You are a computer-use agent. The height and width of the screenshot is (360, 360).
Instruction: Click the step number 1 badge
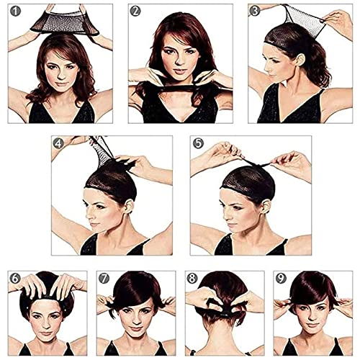point(15,12)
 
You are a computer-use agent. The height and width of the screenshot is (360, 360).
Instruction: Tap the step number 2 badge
point(135,12)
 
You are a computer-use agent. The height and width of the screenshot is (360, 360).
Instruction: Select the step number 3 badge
point(254,11)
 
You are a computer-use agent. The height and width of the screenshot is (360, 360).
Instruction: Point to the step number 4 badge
point(58,143)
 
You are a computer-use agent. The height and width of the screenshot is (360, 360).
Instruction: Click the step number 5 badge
point(197,143)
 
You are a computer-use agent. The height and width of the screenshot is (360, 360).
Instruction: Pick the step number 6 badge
point(15,277)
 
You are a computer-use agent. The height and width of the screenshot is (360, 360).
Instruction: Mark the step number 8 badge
point(192,277)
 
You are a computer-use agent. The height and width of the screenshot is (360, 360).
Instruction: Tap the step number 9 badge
point(280,277)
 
